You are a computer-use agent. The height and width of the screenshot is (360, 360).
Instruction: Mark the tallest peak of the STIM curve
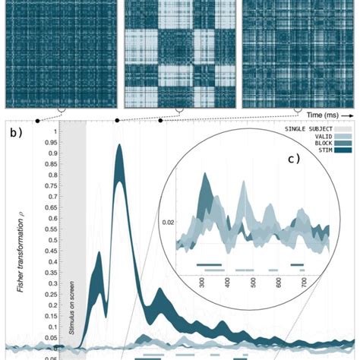119,148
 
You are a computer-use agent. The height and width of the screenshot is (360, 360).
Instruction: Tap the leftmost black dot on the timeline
37,122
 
